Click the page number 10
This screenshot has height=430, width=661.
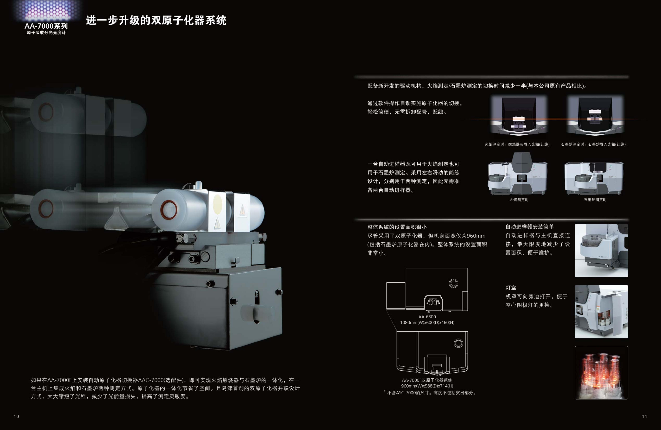click(16, 416)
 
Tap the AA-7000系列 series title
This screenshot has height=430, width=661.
click(46, 26)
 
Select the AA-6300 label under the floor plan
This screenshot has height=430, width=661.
click(427, 317)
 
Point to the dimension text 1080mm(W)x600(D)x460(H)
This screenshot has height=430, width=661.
click(427, 322)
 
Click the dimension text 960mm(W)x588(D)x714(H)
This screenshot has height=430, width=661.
click(427, 386)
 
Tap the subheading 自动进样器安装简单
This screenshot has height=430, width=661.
click(530, 227)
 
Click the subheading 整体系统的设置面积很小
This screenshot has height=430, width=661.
click(397, 227)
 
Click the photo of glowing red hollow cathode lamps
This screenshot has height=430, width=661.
click(601, 373)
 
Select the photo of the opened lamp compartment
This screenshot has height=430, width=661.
click(601, 311)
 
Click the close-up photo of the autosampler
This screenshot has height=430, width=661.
click(601, 251)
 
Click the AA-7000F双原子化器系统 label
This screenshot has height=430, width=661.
click(427, 380)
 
